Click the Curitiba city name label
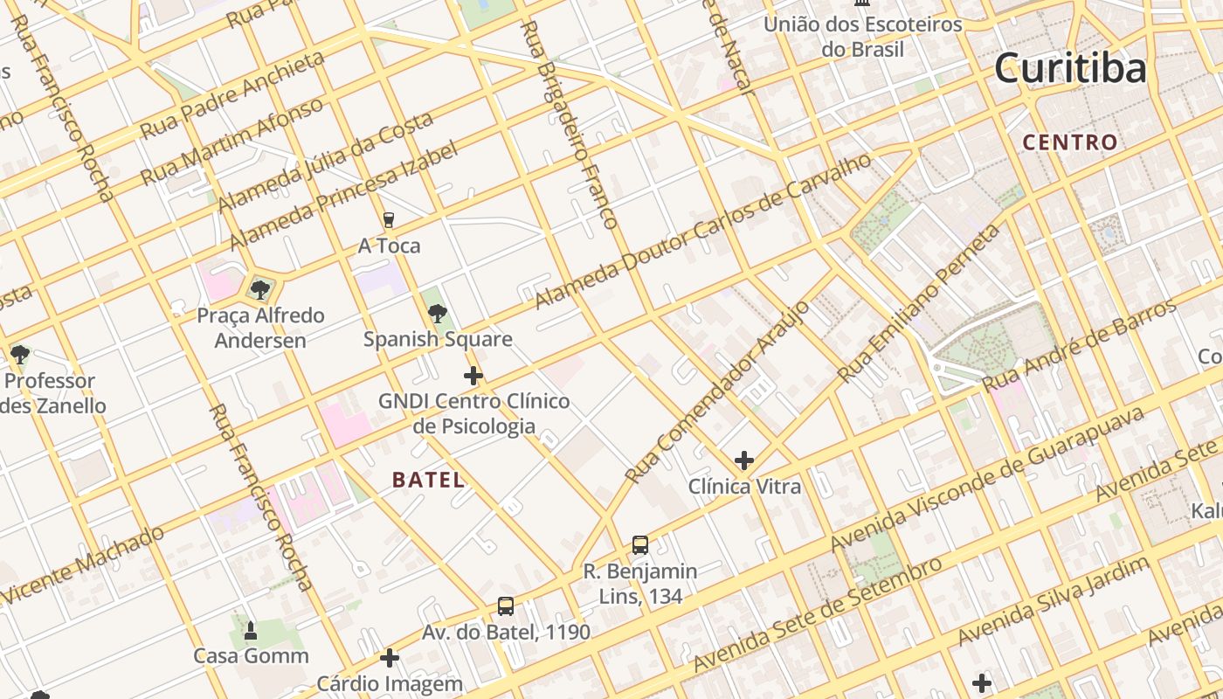pos(1070,68)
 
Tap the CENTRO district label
pos(1070,142)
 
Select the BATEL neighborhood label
pos(428,480)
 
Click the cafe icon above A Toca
pos(389,220)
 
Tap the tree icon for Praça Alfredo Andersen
pos(259,289)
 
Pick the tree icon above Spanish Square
pos(438,313)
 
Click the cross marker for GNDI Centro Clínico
pos(473,376)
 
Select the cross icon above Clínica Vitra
pos(744,460)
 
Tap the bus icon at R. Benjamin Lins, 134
pos(640,545)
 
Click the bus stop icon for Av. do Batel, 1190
pos(506,606)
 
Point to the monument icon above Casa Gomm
pos(251,630)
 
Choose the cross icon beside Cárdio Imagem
pos(390,658)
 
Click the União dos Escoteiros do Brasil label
pos(862,37)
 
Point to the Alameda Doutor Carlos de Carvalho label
pos(702,232)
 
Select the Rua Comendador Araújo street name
pos(717,392)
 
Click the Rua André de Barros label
pos(1080,346)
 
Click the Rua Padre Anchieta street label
pos(231,95)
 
